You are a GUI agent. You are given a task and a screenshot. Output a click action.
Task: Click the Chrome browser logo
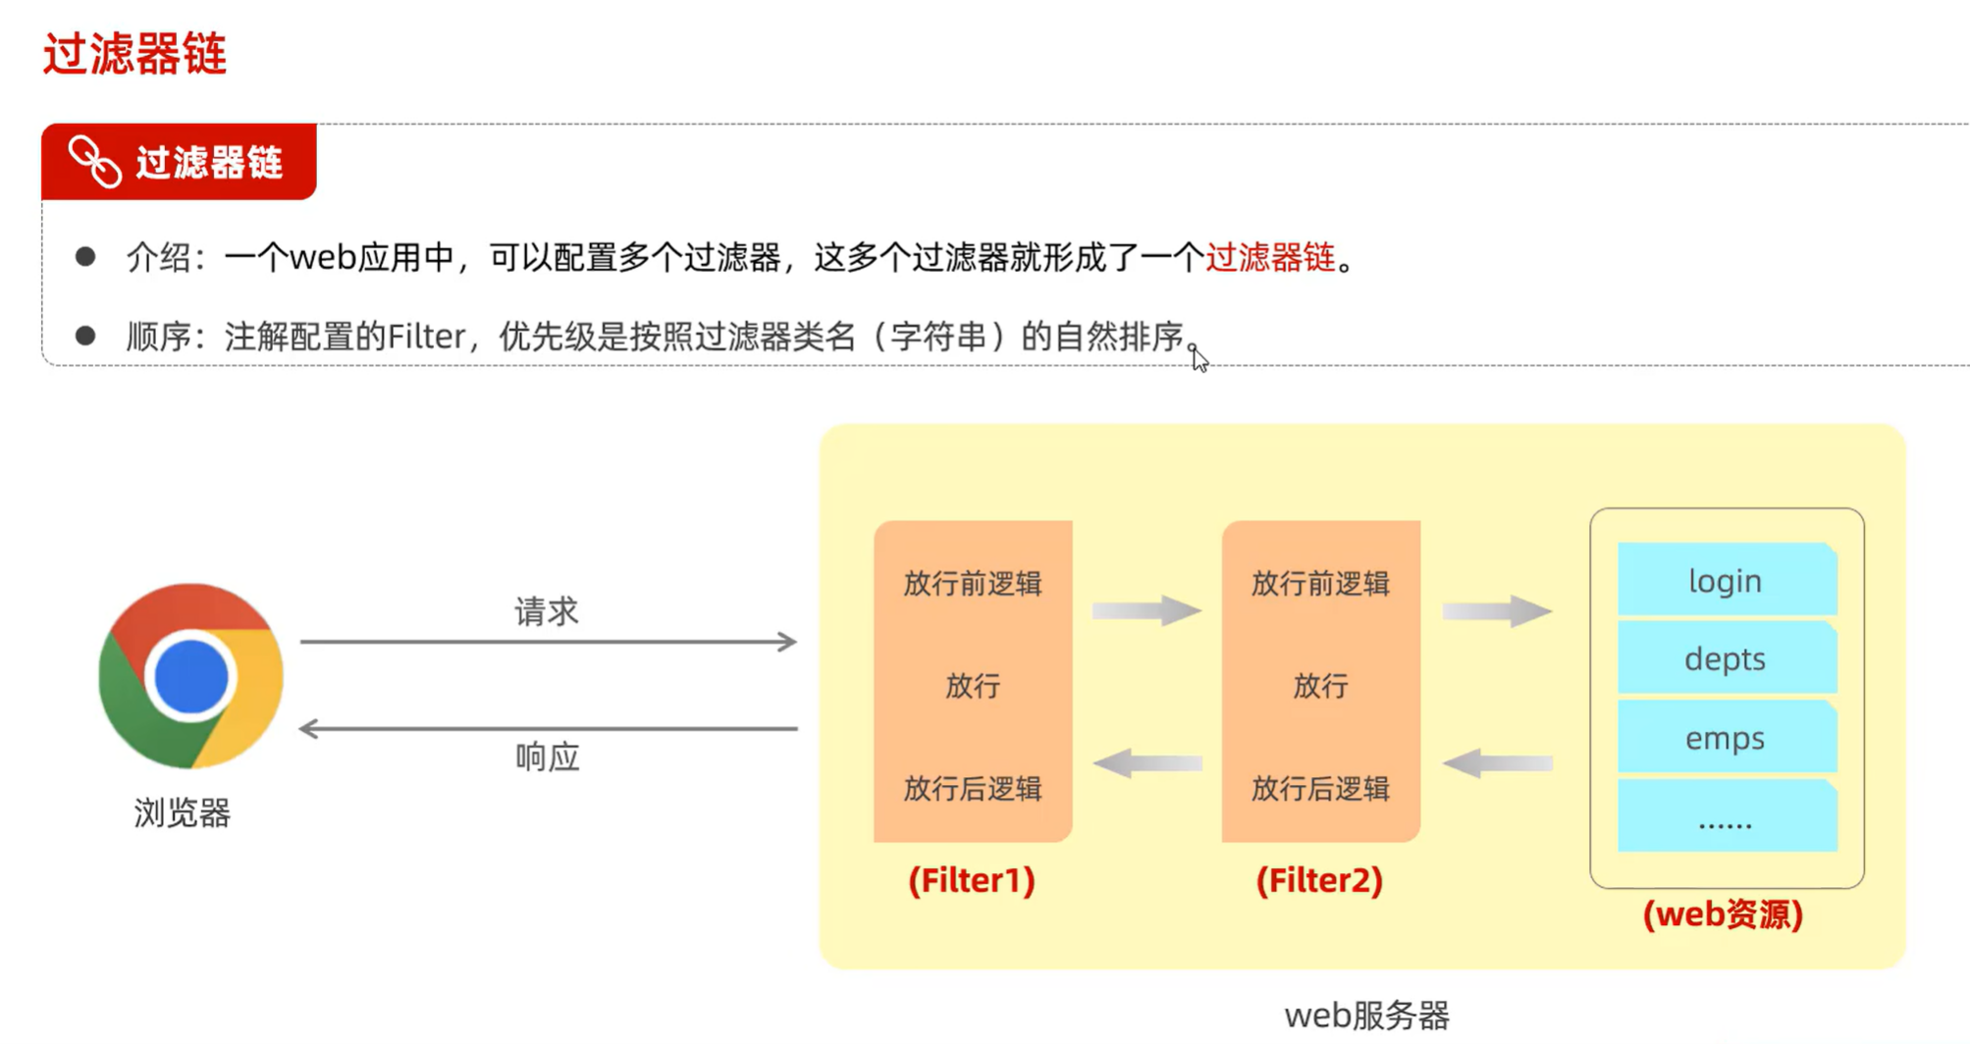[190, 676]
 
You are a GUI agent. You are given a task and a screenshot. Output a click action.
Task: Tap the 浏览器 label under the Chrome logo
[183, 813]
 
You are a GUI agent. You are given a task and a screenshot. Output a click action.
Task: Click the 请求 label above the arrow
[547, 612]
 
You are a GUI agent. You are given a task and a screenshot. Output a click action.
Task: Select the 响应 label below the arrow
[548, 757]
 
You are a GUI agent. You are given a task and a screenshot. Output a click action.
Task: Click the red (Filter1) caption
[972, 880]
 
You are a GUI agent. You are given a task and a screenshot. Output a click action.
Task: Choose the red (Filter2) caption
[1319, 880]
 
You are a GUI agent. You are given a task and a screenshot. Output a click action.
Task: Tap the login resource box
[1726, 581]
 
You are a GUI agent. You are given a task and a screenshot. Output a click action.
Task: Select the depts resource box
[1726, 658]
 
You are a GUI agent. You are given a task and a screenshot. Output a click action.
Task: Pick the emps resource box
[1726, 738]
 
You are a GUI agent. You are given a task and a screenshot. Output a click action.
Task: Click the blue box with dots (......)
[1726, 816]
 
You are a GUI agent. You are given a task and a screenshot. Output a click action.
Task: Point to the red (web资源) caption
[1724, 914]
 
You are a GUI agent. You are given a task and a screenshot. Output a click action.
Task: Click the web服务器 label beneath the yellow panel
[1366, 1016]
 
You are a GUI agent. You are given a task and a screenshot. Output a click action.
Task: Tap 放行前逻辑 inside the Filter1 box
[972, 584]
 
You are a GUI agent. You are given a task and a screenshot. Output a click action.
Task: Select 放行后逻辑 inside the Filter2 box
[1320, 789]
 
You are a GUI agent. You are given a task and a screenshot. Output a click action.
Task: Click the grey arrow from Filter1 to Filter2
[1146, 610]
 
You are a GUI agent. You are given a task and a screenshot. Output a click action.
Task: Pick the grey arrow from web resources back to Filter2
[1498, 763]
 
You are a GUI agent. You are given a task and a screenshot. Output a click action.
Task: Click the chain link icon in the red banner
[95, 162]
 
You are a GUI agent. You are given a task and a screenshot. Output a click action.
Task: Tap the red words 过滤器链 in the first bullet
[1270, 258]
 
